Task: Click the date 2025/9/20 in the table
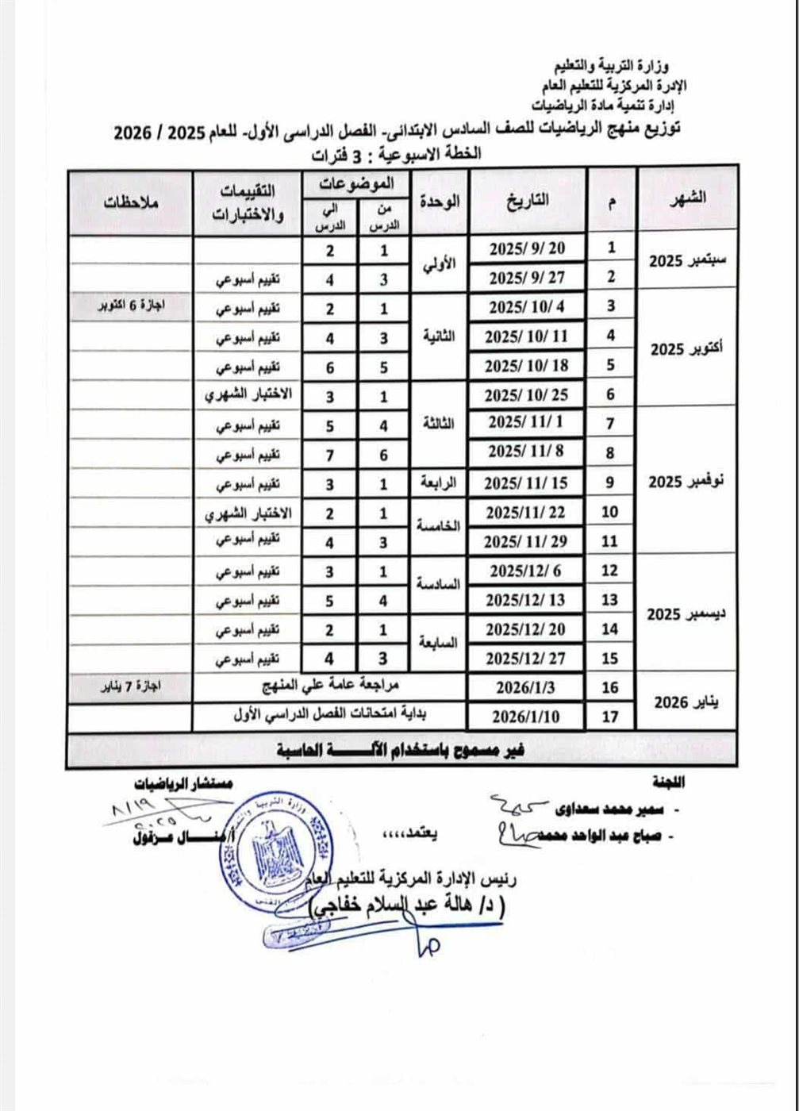coord(528,248)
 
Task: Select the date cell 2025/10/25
coord(528,395)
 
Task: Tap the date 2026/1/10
coord(528,717)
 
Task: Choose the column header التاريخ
coord(528,201)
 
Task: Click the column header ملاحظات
coord(130,201)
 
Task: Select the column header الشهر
coord(687,200)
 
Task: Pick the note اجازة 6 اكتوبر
coord(130,306)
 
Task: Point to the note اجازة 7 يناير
coord(130,687)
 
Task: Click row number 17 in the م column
coord(611,717)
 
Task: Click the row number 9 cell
coord(611,483)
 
